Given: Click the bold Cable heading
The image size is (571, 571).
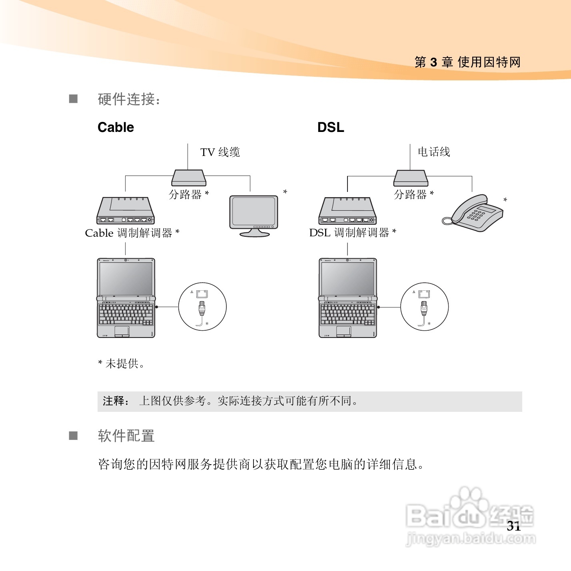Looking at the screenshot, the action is [x=116, y=127].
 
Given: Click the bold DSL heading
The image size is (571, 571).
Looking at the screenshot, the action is [x=331, y=127].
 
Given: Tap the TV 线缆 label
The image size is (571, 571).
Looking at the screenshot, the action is [x=220, y=152].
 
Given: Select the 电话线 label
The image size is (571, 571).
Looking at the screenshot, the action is [x=434, y=152].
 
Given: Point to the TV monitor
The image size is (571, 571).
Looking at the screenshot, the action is [x=254, y=213].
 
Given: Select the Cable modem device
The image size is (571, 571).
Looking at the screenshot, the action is [x=126, y=211].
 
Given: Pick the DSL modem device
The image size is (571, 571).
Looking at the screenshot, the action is [x=347, y=211].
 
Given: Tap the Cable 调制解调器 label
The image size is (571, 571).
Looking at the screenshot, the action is [x=132, y=233].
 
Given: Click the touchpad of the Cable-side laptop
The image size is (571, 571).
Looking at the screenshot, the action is [x=122, y=330].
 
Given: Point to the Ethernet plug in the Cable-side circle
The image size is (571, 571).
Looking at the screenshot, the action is [x=202, y=308].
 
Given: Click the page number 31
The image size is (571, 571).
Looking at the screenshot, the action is [x=514, y=526].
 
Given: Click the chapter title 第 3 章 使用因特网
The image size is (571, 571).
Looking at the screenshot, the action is [x=467, y=62].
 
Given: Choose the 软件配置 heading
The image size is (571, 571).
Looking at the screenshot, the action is [x=126, y=436].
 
